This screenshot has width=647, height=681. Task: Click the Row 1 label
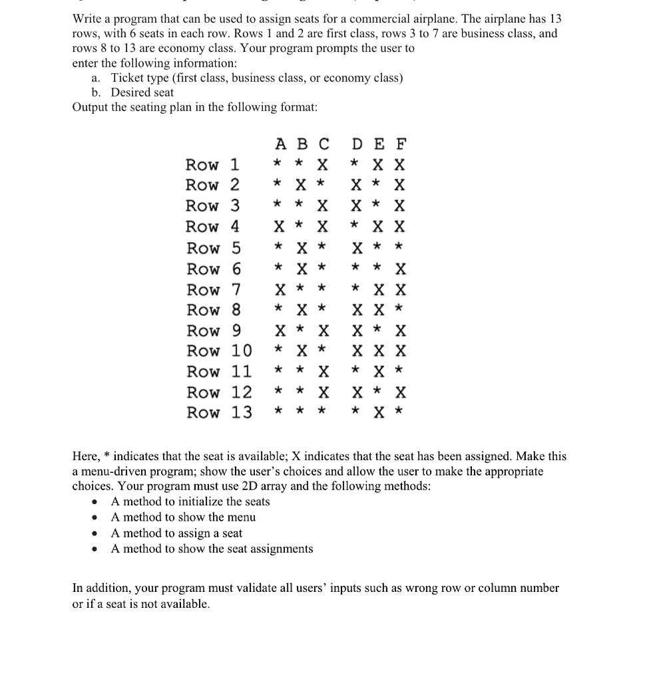[213, 164]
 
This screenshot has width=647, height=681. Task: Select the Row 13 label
[219, 412]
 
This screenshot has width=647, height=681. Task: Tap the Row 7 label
[213, 290]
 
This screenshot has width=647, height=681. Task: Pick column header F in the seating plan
[400, 144]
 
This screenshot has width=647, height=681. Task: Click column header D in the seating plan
[357, 144]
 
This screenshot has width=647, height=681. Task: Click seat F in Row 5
[400, 247]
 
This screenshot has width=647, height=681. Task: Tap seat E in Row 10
[379, 351]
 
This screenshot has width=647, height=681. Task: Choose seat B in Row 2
[302, 185]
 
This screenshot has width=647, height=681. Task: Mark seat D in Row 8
[357, 310]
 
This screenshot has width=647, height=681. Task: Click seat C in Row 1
[323, 164]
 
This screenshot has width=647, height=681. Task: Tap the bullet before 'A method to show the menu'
[98, 517]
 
